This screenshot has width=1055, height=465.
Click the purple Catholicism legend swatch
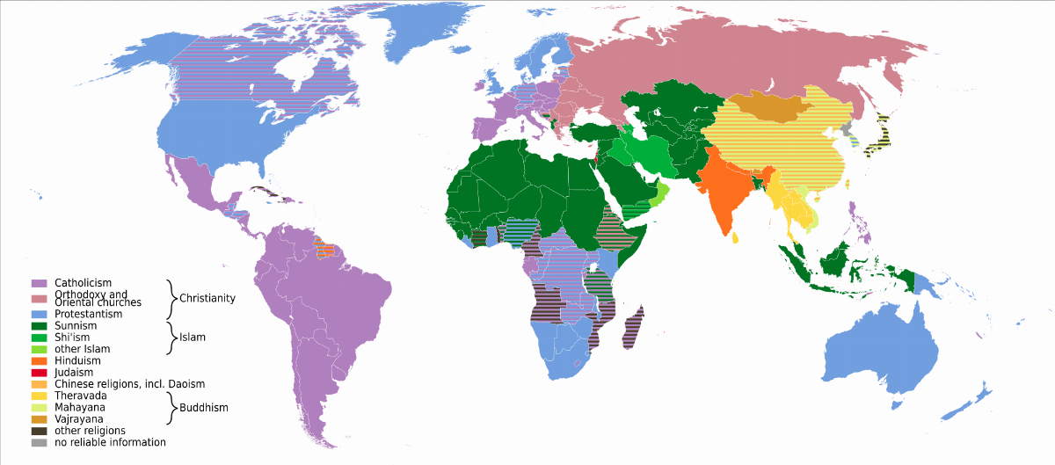tap(39, 282)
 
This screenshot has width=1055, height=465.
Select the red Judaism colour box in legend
tap(39, 373)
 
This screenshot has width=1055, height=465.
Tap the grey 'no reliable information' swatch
tap(39, 442)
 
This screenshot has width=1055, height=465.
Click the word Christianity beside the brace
tap(207, 298)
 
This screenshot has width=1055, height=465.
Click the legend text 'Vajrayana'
tap(80, 419)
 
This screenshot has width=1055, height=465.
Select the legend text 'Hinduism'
tap(77, 360)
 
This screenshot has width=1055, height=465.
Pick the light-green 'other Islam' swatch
tap(39, 349)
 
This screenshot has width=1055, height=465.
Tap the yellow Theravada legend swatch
tap(39, 396)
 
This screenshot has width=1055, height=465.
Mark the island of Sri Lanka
tap(735, 236)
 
